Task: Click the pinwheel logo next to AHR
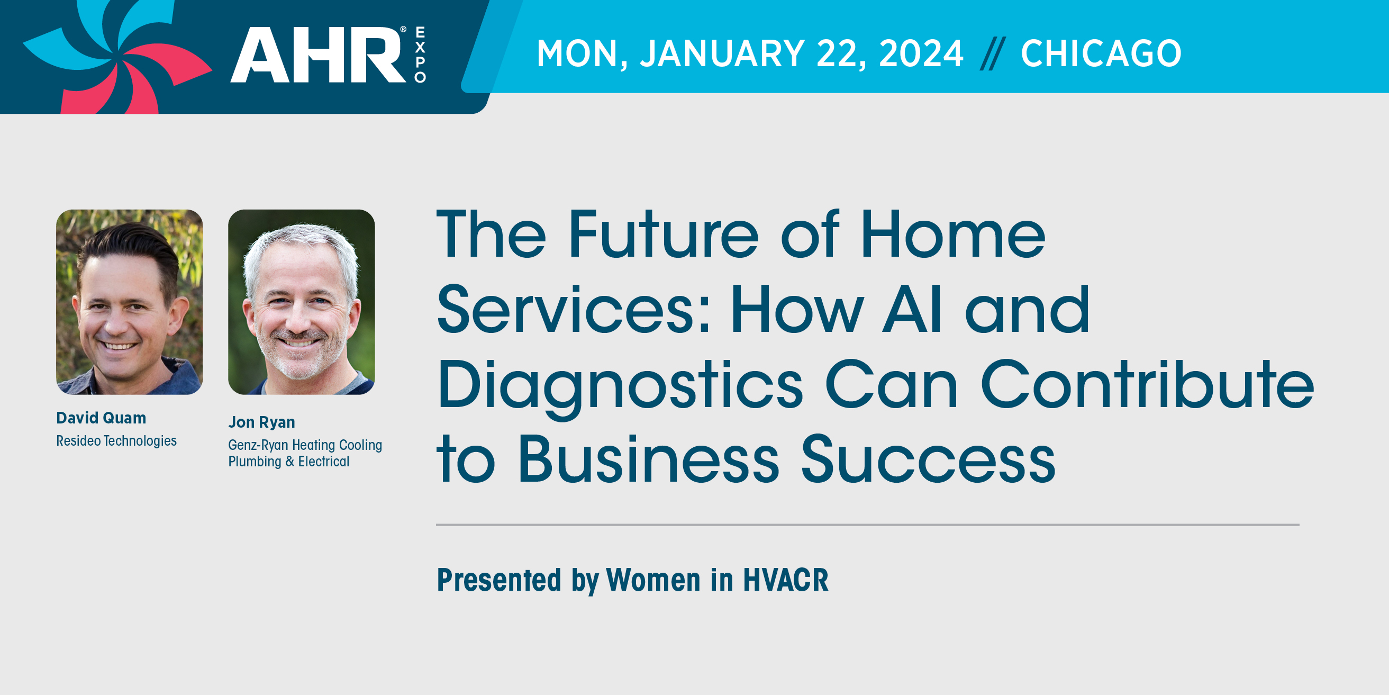pyautogui.click(x=116, y=57)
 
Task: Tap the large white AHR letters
pyautogui.click(x=318, y=55)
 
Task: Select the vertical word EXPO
pyautogui.click(x=420, y=55)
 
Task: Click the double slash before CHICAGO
pyautogui.click(x=993, y=54)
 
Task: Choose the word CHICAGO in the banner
pyautogui.click(x=1101, y=53)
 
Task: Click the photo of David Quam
pyautogui.click(x=130, y=302)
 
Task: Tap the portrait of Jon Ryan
pyautogui.click(x=302, y=302)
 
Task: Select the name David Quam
pyautogui.click(x=102, y=418)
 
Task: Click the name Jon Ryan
pyautogui.click(x=261, y=422)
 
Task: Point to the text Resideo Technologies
pyautogui.click(x=116, y=441)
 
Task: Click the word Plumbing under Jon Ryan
pyautogui.click(x=255, y=462)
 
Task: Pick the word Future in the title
pyautogui.click(x=664, y=234)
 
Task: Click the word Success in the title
pyautogui.click(x=928, y=458)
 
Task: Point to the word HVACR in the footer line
pyautogui.click(x=786, y=580)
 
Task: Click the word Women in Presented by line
pyautogui.click(x=653, y=580)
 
